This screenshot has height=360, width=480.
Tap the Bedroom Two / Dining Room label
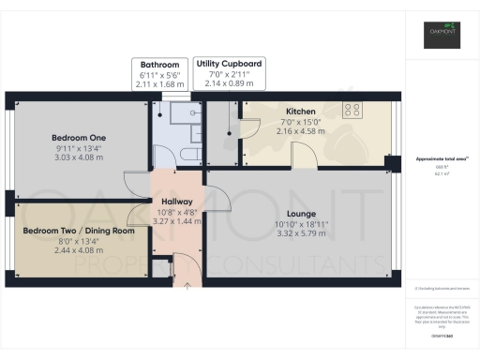(x=79, y=231)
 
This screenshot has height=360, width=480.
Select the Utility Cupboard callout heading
(x=229, y=64)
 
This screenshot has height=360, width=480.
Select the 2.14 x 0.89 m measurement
(x=229, y=83)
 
